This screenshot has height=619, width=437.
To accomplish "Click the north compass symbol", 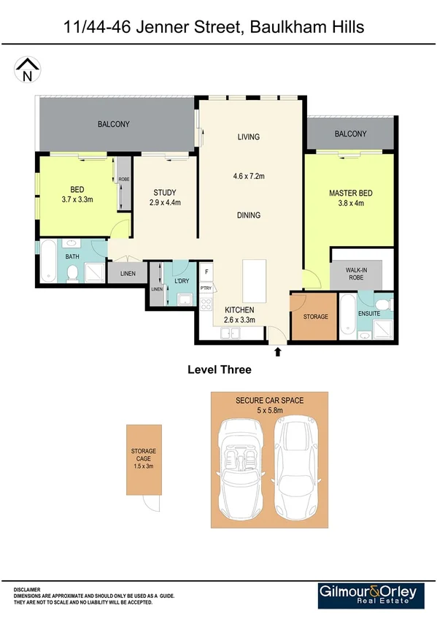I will [x=28, y=69].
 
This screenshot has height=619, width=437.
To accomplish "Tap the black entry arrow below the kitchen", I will [x=277, y=353].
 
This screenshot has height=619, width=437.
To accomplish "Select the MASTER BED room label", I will [x=350, y=193].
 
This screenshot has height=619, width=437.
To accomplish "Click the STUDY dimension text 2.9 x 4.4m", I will [x=164, y=203].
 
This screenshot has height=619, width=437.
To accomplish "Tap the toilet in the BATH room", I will [x=72, y=274].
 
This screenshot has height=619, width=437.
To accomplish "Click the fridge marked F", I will [x=206, y=272].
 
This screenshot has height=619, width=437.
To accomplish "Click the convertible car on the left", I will [x=241, y=467].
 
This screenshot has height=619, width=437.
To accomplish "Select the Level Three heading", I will [x=220, y=370].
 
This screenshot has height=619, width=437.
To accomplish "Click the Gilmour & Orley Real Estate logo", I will [x=370, y=594].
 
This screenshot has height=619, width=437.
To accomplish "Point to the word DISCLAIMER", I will [x=27, y=588].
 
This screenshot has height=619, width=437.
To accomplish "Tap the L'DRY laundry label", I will [x=182, y=282].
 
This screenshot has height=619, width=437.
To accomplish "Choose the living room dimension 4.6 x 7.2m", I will [x=248, y=176].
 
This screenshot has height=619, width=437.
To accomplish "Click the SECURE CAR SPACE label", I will [x=269, y=401].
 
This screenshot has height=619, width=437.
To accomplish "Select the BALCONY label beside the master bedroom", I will [x=351, y=134].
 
